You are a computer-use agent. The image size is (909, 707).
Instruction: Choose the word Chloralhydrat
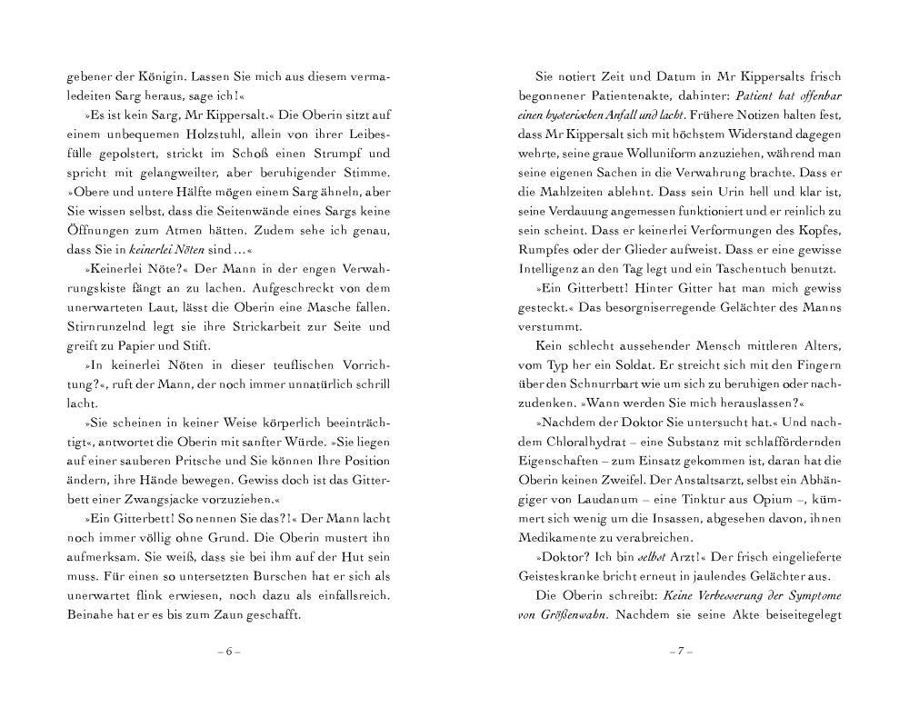pos(584,443)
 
